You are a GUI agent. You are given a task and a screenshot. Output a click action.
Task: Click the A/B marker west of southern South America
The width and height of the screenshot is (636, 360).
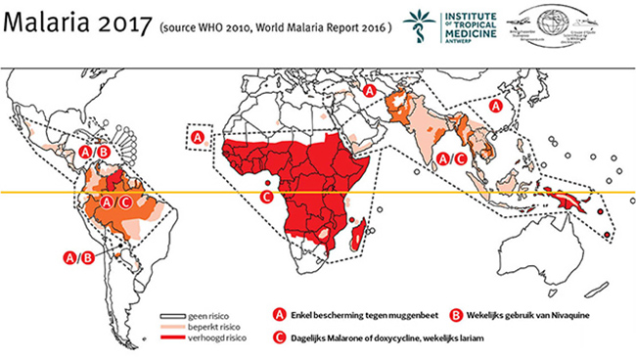[78, 257]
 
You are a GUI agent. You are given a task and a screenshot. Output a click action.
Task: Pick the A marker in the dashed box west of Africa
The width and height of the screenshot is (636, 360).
[199, 138]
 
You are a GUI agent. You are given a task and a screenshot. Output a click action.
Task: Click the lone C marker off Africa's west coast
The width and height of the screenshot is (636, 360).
[266, 196]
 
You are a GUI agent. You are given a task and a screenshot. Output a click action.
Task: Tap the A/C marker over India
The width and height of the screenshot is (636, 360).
[451, 157]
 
